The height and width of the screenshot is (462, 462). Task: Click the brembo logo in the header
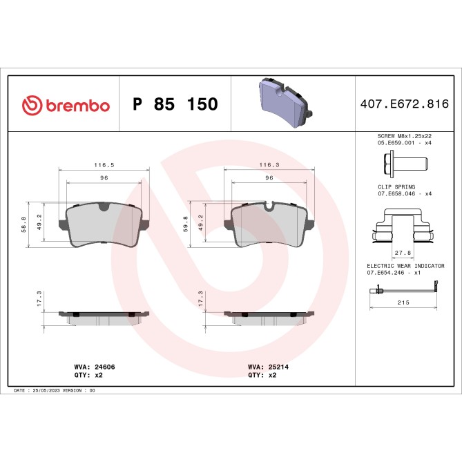[x=66, y=104]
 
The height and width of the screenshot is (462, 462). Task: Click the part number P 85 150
[x=175, y=104]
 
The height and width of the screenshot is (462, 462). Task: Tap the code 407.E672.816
[x=405, y=104]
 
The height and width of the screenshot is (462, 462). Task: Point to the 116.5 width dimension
[x=104, y=166]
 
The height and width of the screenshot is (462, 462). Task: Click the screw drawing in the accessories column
[x=404, y=164]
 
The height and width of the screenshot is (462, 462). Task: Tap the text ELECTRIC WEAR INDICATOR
[x=405, y=266]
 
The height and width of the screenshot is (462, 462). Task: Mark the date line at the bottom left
[x=54, y=390]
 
